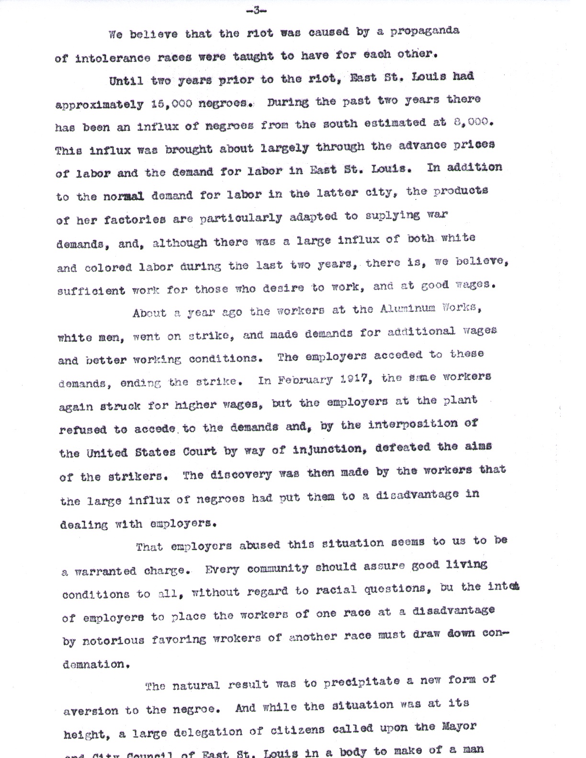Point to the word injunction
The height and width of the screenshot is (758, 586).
click(x=327, y=449)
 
